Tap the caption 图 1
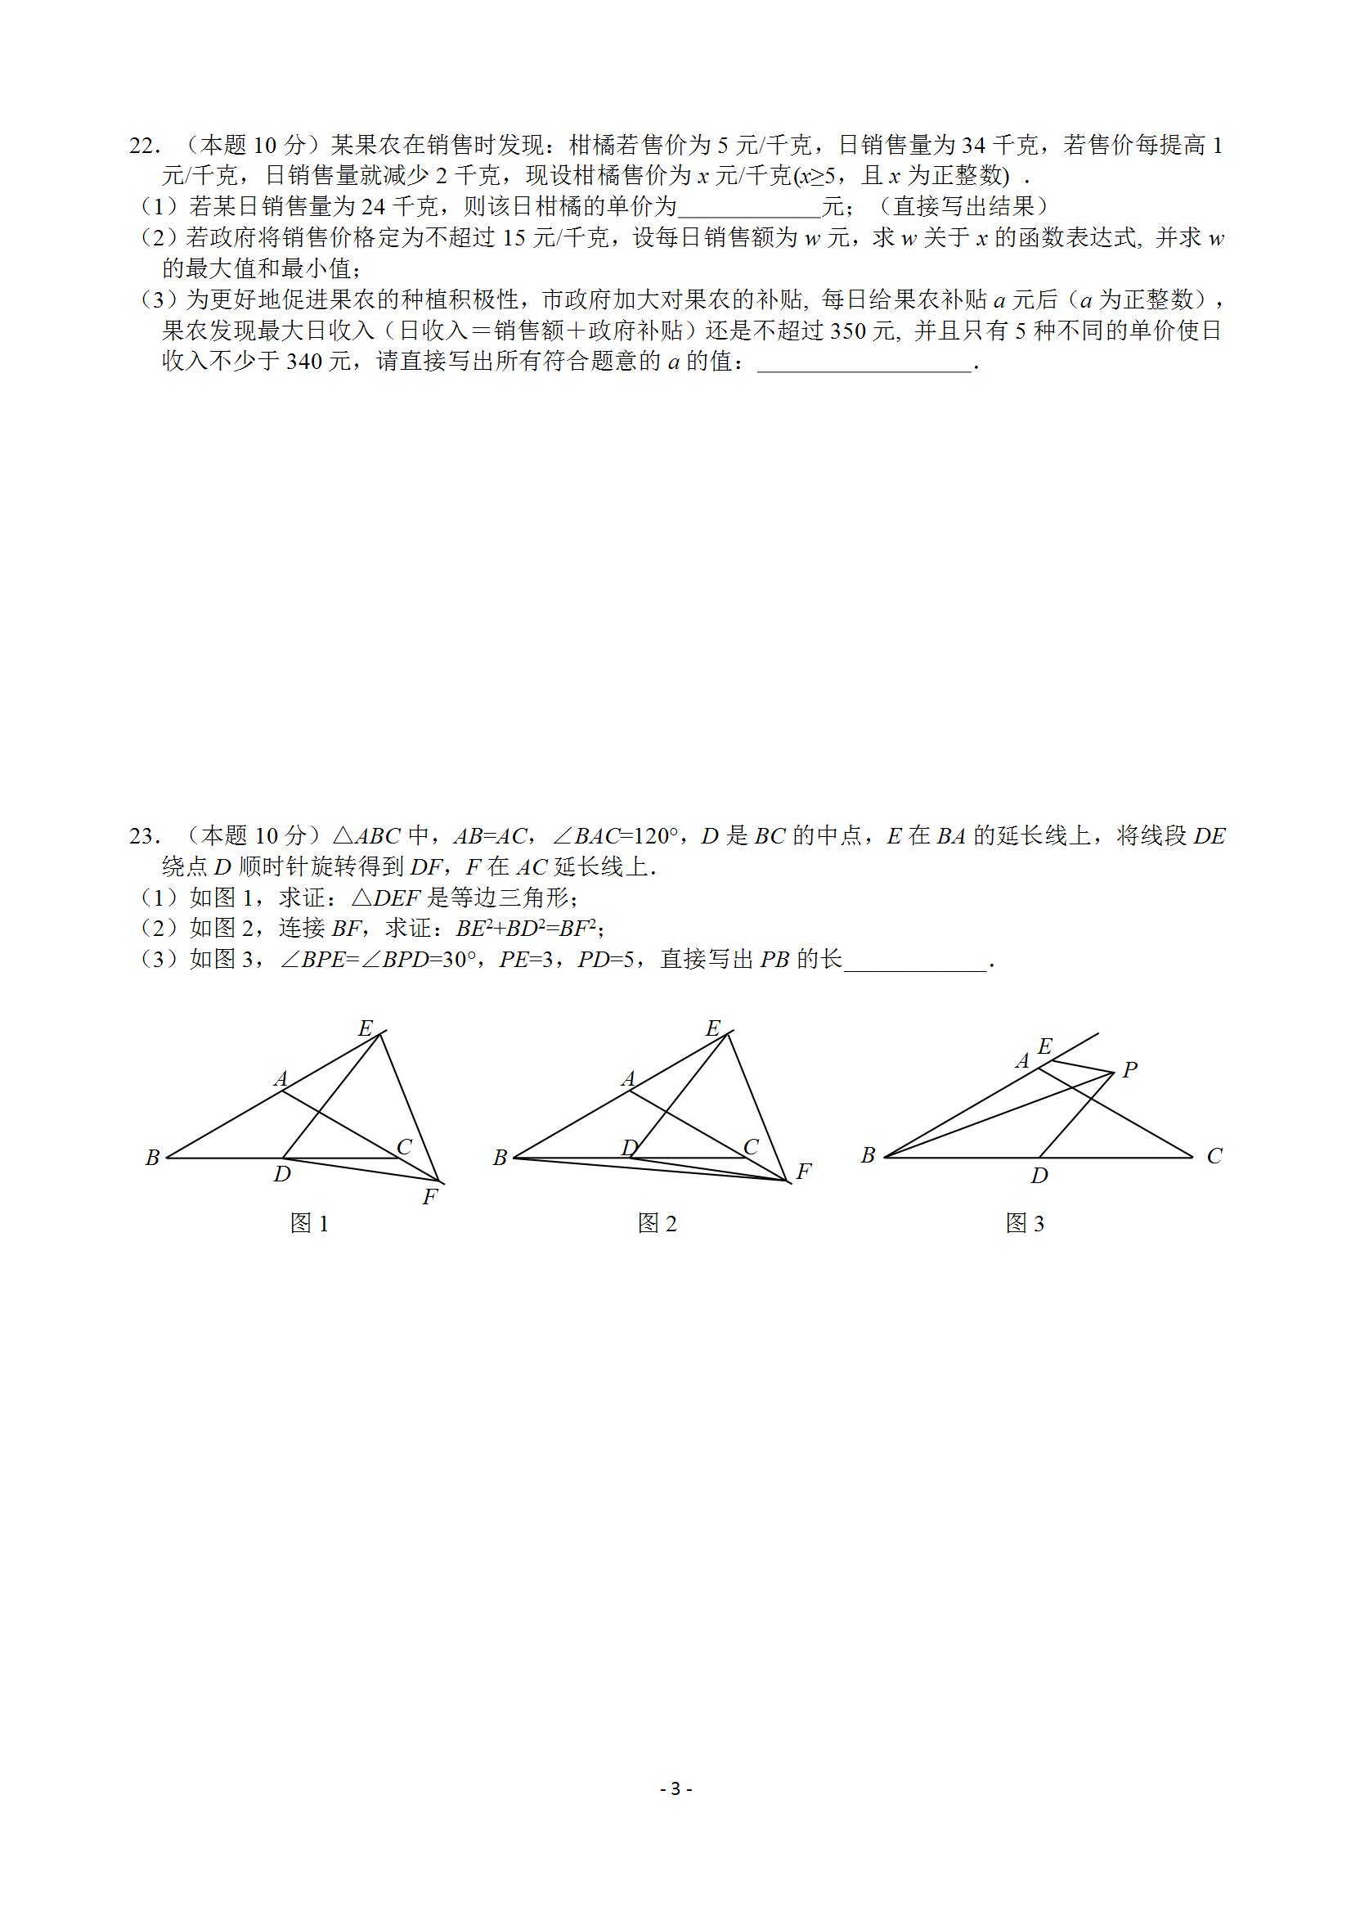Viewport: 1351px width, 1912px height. point(310,1223)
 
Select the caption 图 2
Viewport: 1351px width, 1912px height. point(657,1223)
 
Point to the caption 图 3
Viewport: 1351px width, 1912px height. point(1025,1223)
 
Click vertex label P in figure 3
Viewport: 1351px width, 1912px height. point(1129,1070)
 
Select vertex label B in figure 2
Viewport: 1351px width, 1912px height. point(500,1158)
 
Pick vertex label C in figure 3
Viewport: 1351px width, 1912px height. point(1214,1156)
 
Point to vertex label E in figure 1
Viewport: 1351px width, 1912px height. point(365,1028)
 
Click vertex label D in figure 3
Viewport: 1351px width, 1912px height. point(1039,1176)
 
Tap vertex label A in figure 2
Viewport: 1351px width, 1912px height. point(628,1079)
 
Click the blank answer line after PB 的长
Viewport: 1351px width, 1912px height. point(915,963)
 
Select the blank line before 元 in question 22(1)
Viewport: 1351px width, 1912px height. point(749,208)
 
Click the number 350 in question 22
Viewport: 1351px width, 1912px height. point(848,332)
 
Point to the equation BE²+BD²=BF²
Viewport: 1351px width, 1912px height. point(528,929)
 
